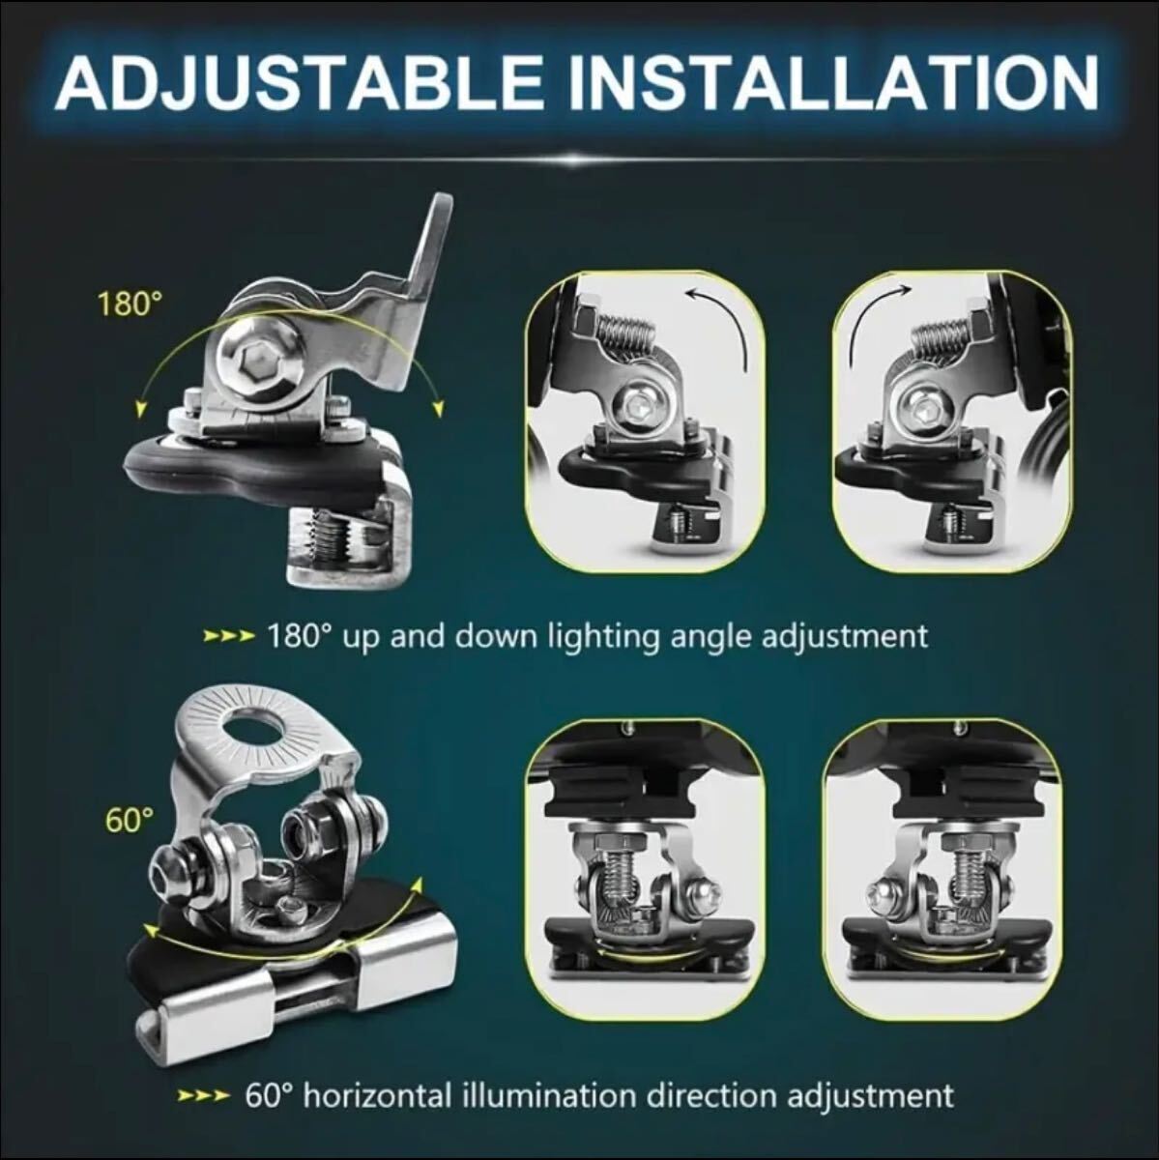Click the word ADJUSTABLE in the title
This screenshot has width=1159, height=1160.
coord(300,82)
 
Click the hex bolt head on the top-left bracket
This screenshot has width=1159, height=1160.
coord(259,365)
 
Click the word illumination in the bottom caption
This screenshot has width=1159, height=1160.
coord(551,1095)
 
